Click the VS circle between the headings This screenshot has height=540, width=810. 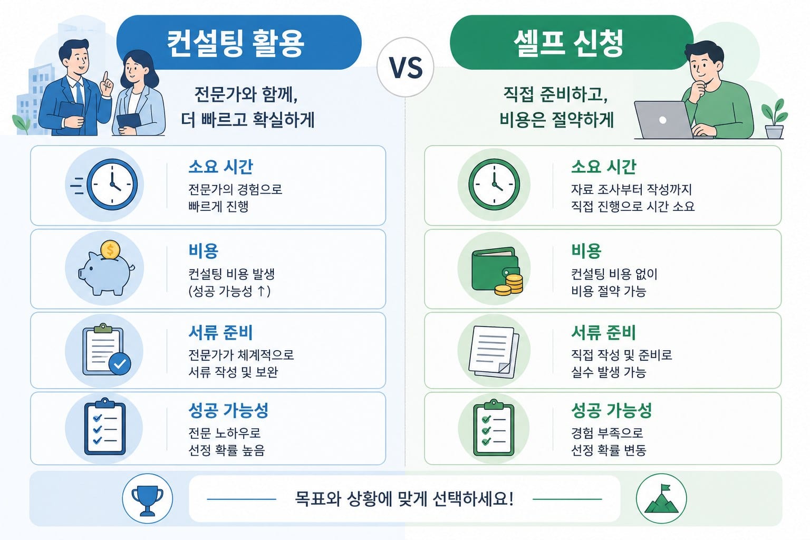click(x=406, y=67)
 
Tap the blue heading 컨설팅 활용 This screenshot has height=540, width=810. click(x=235, y=43)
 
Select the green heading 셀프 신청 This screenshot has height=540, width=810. click(x=569, y=43)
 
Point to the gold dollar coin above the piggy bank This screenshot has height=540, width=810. click(x=110, y=250)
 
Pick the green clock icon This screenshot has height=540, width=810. click(x=494, y=185)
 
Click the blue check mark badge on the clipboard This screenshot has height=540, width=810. click(x=120, y=364)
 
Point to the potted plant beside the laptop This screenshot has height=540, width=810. click(x=775, y=119)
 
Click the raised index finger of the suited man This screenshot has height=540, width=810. click(x=105, y=80)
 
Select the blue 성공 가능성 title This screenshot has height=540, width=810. click(x=228, y=410)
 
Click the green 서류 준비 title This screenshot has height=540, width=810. click(x=603, y=332)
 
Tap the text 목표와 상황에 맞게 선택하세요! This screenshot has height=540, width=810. click(x=404, y=499)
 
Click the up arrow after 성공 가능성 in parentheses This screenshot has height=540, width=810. click(x=261, y=291)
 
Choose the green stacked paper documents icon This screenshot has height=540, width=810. click(x=494, y=352)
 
